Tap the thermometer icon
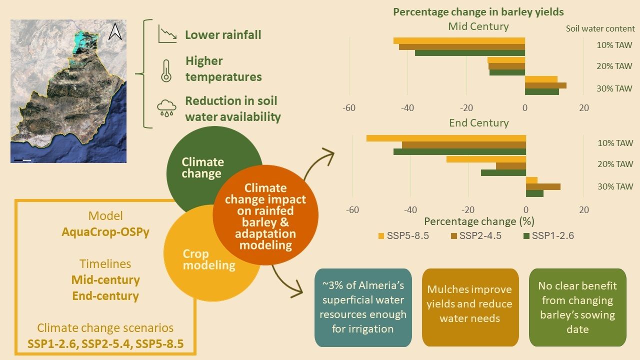tap(165, 70)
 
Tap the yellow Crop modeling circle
tap(200, 260)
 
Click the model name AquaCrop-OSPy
tap(105, 232)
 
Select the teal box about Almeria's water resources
tap(363, 307)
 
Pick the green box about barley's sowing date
tap(577, 307)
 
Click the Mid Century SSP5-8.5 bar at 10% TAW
tap(459, 40)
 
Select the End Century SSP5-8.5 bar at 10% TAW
tap(446, 138)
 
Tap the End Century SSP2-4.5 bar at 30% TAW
tap(543, 186)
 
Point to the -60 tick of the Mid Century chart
tap(348, 108)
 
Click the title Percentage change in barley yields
tap(478, 12)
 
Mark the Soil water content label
tap(600, 28)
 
